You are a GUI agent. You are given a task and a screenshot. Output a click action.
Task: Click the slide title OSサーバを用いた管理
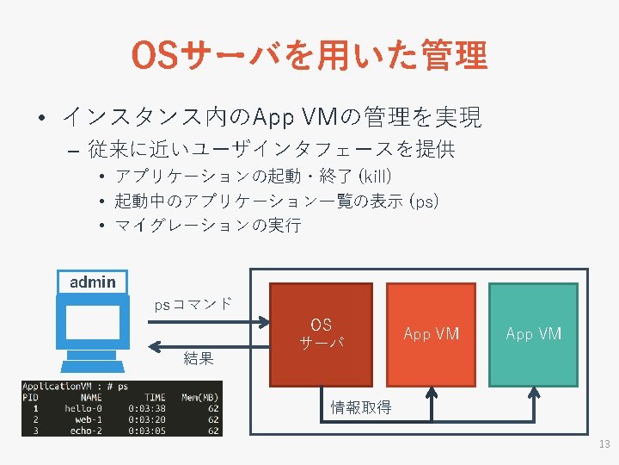click(x=309, y=56)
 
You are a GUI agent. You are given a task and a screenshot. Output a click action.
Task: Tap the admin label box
click(x=92, y=282)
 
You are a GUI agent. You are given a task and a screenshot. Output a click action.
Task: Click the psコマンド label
click(x=193, y=304)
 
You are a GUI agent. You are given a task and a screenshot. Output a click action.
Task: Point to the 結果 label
click(x=199, y=358)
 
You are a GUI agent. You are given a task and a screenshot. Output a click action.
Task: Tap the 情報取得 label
click(x=361, y=407)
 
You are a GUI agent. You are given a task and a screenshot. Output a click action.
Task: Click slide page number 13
click(x=603, y=444)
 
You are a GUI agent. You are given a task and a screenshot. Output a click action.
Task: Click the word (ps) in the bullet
click(x=424, y=201)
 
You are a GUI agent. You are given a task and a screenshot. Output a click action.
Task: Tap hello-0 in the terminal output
click(x=83, y=408)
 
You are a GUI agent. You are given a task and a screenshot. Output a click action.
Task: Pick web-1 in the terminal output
click(x=89, y=419)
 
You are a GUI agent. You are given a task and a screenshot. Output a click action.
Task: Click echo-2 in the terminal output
click(x=86, y=431)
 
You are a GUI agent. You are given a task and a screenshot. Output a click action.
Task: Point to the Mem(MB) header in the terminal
click(x=199, y=397)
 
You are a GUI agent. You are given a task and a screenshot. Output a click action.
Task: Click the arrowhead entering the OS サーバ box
click(x=264, y=321)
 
